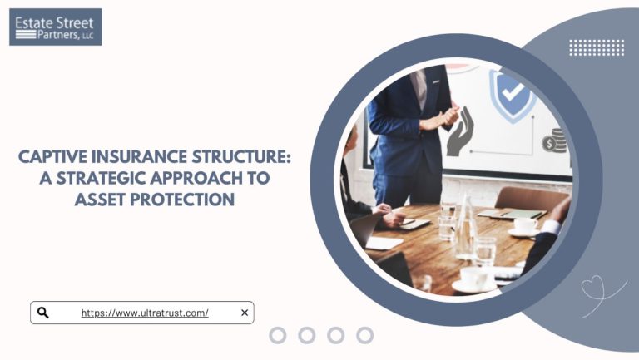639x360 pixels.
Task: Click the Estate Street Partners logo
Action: point(55,27)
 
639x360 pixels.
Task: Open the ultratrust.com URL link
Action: point(145,313)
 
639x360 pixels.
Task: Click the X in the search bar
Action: point(244,313)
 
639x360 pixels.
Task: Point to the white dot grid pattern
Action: point(596,47)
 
